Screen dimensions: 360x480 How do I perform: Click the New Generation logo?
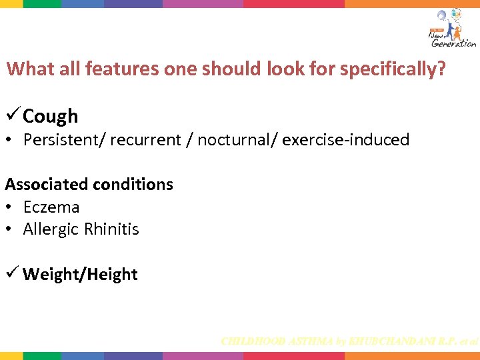[451, 28]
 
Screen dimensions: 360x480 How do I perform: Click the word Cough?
[50, 116]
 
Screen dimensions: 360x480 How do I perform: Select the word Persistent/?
[64, 140]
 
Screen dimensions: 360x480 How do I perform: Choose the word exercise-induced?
[346, 140]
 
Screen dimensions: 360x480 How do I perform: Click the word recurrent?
[145, 140]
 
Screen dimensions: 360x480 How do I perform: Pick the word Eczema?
[51, 207]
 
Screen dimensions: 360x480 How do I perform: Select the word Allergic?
[51, 229]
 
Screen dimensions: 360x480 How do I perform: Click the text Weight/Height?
[80, 275]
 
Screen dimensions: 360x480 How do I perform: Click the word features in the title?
[122, 69]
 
